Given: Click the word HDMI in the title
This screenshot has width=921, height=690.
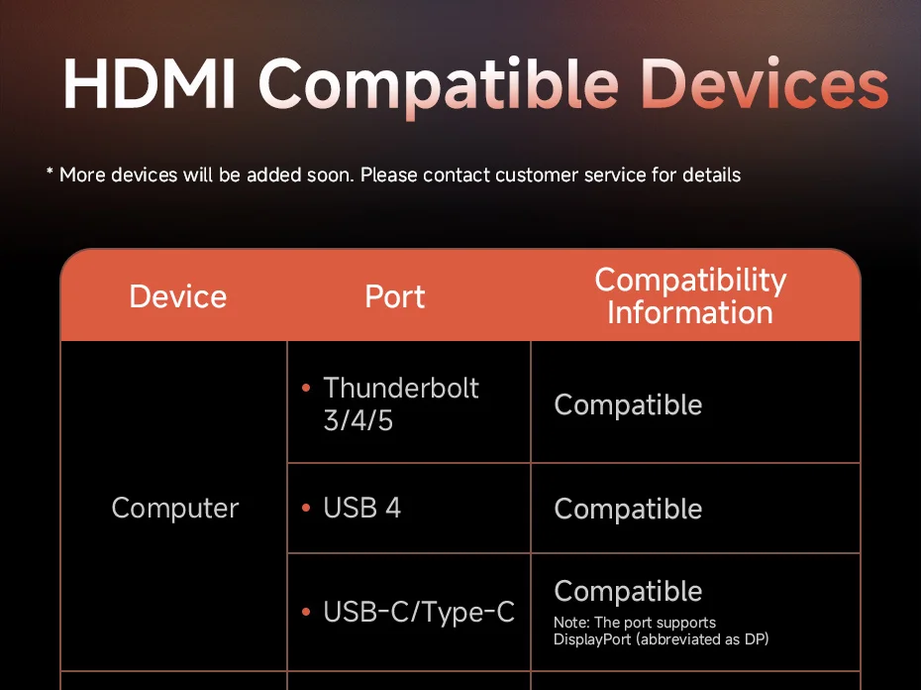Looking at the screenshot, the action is click(x=150, y=83).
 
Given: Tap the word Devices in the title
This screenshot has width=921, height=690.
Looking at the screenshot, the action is click(x=766, y=83).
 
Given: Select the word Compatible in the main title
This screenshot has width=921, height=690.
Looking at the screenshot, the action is click(x=439, y=87).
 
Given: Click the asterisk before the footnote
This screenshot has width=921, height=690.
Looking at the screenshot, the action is click(x=50, y=172).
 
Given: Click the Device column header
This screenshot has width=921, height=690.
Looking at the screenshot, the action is click(x=178, y=296).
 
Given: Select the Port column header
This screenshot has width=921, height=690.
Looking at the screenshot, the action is click(x=395, y=296).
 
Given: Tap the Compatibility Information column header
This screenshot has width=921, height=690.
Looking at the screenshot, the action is click(x=690, y=295).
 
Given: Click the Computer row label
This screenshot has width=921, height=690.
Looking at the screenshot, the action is click(x=175, y=509).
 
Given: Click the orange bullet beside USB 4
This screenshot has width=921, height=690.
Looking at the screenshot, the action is click(x=305, y=508).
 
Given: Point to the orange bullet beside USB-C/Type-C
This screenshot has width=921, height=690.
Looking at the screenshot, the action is click(x=305, y=612).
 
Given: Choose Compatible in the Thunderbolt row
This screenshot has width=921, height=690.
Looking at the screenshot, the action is click(x=628, y=405).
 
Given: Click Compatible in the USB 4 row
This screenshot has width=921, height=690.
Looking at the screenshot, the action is click(x=628, y=509).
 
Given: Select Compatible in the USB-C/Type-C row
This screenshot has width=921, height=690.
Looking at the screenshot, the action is click(x=628, y=591).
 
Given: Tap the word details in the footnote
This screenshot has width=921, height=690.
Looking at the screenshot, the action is click(x=711, y=174).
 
